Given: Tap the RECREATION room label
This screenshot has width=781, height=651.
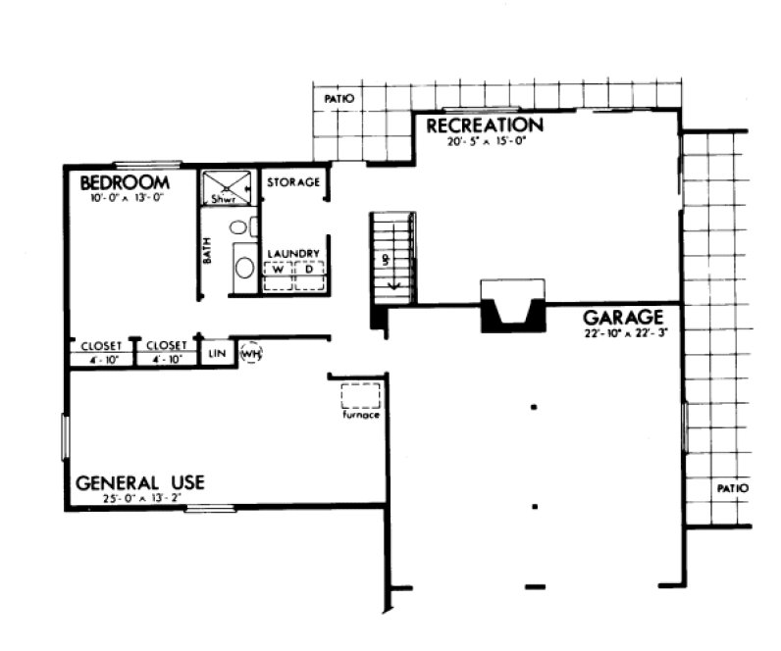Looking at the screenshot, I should pyautogui.click(x=484, y=125).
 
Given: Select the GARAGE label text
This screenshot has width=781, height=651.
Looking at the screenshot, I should pyautogui.click(x=624, y=317).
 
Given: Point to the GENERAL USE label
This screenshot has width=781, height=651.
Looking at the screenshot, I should pyautogui.click(x=140, y=482).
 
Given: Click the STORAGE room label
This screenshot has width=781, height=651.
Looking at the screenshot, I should pyautogui.click(x=293, y=183).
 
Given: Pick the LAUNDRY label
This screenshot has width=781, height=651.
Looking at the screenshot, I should pyautogui.click(x=293, y=254).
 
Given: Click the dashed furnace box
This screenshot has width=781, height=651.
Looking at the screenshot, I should pyautogui.click(x=360, y=396).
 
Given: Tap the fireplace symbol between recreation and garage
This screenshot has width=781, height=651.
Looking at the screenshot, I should pyautogui.click(x=511, y=306).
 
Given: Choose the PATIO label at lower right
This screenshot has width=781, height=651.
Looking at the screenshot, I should pyautogui.click(x=731, y=487).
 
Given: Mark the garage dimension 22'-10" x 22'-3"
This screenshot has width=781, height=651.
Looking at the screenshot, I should pyautogui.click(x=624, y=334).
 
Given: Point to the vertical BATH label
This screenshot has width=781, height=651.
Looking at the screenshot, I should pyautogui.click(x=207, y=254).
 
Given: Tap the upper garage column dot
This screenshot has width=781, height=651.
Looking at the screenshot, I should pyautogui.click(x=534, y=406).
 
